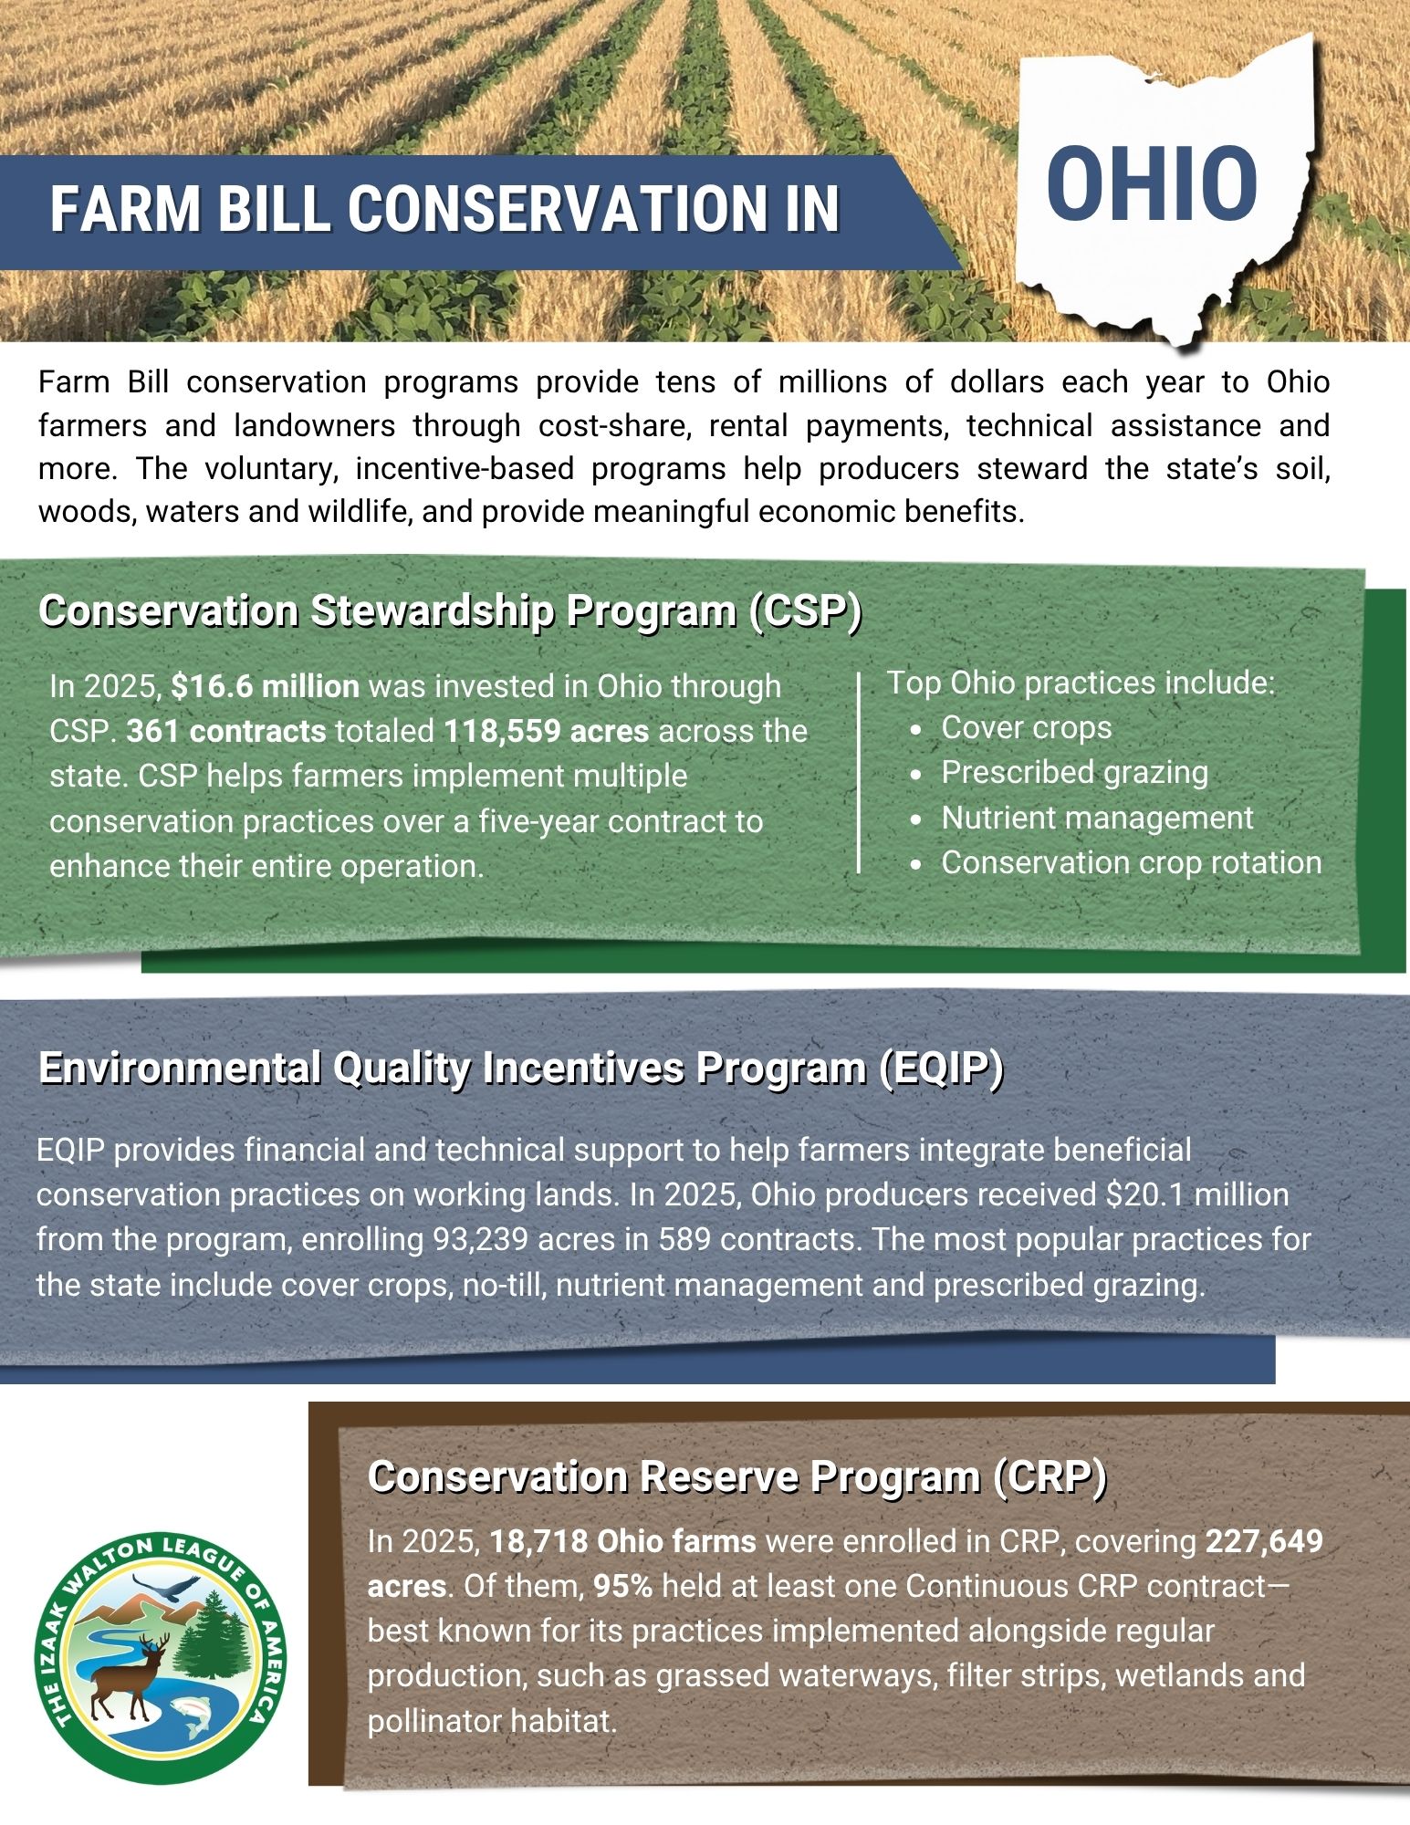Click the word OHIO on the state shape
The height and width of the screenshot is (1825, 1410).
click(x=1152, y=185)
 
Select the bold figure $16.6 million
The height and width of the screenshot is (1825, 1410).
click(x=265, y=686)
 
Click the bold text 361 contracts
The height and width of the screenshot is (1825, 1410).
click(x=226, y=731)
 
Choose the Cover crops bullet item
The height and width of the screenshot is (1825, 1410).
click(x=1026, y=727)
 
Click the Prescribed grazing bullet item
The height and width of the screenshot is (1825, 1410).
click(x=1074, y=772)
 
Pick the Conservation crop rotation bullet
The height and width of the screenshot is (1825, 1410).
click(x=1131, y=862)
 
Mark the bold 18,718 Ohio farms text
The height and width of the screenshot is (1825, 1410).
click(x=623, y=1541)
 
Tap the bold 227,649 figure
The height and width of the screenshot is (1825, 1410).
click(x=1264, y=1541)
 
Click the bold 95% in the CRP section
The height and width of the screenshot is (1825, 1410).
click(x=623, y=1586)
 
